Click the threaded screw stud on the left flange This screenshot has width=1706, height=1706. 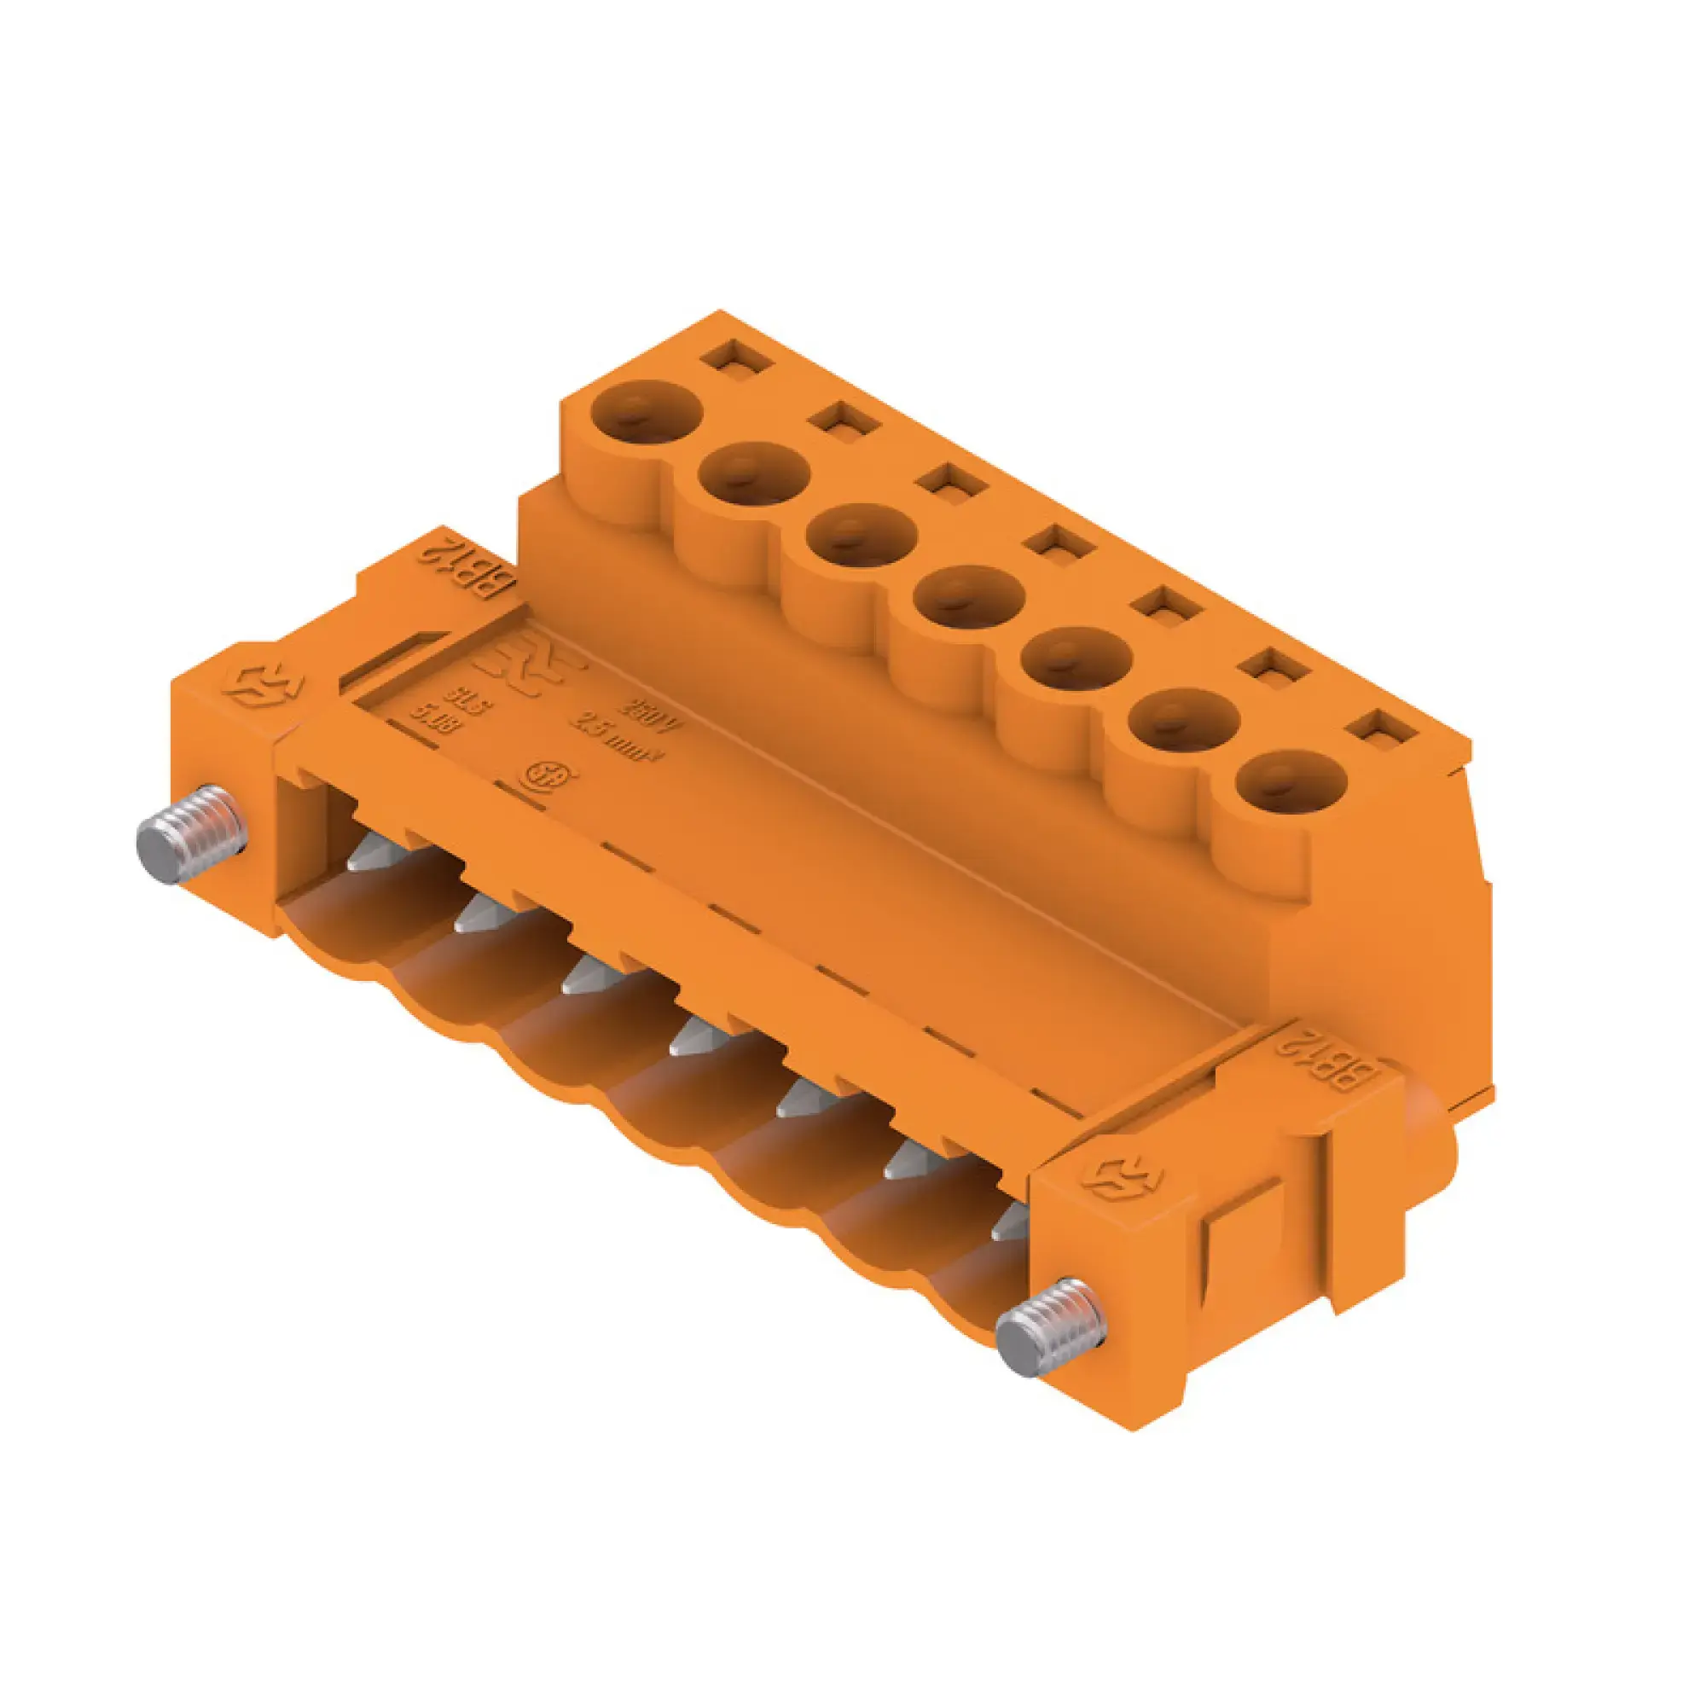(190, 835)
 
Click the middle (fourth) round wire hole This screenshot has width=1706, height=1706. (970, 597)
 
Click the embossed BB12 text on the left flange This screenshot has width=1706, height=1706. (467, 567)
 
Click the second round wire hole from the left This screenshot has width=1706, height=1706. (753, 473)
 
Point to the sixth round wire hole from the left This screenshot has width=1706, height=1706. (1185, 721)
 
